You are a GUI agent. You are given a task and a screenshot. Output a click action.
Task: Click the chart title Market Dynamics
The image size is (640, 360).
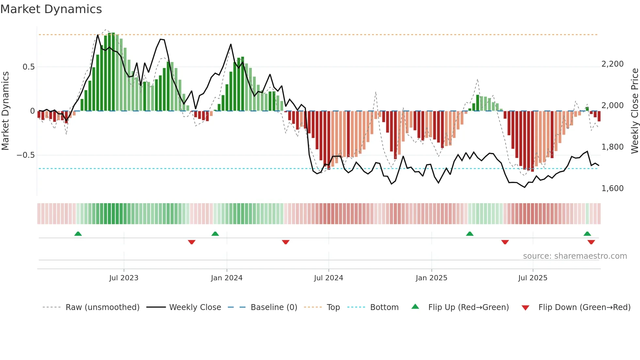click(x=51, y=9)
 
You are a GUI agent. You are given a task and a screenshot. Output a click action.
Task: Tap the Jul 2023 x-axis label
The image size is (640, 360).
click(x=124, y=278)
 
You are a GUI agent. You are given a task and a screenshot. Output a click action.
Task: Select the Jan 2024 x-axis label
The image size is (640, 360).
click(x=227, y=278)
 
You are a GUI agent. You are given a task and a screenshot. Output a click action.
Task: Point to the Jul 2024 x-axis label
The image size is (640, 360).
click(x=328, y=278)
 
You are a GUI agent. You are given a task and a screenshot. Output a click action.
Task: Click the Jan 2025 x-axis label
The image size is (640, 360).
click(x=431, y=278)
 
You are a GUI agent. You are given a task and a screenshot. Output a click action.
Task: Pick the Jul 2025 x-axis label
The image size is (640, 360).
click(x=533, y=278)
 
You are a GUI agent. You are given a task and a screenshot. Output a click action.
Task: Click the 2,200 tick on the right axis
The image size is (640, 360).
click(x=612, y=64)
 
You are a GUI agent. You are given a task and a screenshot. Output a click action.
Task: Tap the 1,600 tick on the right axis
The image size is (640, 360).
click(x=612, y=188)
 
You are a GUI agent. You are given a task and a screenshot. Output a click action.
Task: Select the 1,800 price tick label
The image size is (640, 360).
click(x=612, y=147)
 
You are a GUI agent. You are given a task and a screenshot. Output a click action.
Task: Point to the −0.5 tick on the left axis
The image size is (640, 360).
click(x=25, y=155)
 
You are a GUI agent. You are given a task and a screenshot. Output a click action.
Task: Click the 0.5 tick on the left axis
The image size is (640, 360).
click(x=28, y=67)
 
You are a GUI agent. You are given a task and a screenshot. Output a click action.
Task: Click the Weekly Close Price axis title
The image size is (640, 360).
click(x=634, y=111)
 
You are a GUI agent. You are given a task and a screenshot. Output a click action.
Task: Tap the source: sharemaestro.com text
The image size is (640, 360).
click(x=575, y=256)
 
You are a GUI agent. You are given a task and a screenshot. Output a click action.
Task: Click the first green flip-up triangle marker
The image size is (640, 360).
click(x=78, y=234)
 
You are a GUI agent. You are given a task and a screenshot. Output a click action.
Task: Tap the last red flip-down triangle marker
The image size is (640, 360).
click(x=591, y=242)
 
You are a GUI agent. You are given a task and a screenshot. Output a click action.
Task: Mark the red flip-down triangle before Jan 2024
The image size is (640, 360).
click(x=192, y=242)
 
